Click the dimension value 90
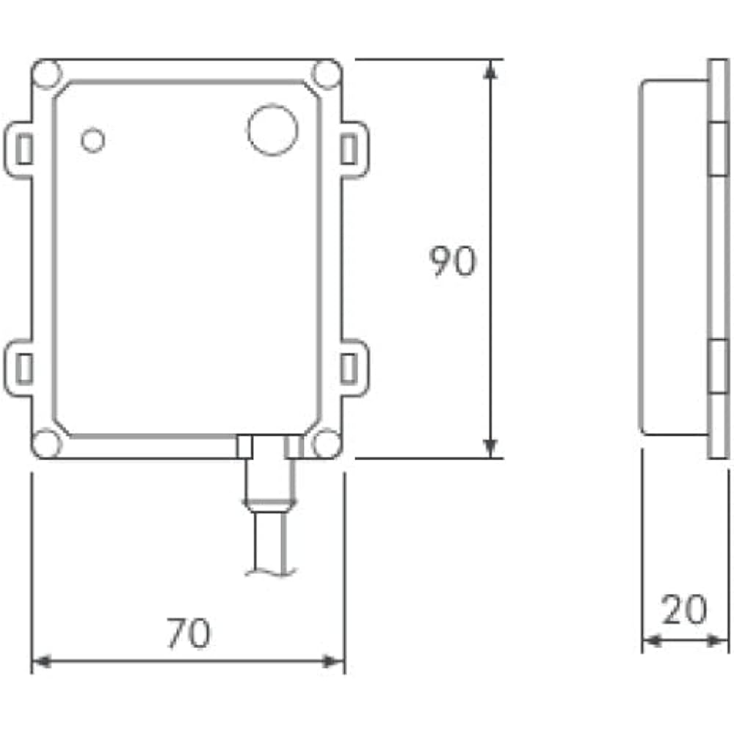pyautogui.click(x=453, y=262)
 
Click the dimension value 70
pyautogui.click(x=189, y=633)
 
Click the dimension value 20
pyautogui.click(x=684, y=610)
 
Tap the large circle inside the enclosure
pyautogui.click(x=272, y=130)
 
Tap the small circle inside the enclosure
pyautogui.click(x=92, y=139)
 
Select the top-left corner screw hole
pyautogui.click(x=46, y=74)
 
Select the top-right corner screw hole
pyautogui.click(x=327, y=74)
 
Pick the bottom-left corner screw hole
pyautogui.click(x=46, y=443)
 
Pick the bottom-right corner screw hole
pyautogui.click(x=327, y=443)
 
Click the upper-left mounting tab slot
pyautogui.click(x=24, y=150)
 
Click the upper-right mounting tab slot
pyautogui.click(x=349, y=150)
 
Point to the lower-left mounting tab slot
pyautogui.click(x=24, y=367)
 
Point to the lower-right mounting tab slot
pyautogui.click(x=349, y=367)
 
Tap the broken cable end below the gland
pyautogui.click(x=269, y=570)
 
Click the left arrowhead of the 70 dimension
pyautogui.click(x=41, y=662)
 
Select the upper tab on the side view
pyautogui.click(x=717, y=148)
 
